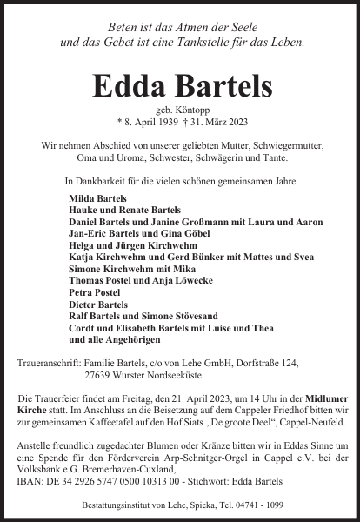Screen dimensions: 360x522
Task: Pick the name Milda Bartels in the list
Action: point(97,198)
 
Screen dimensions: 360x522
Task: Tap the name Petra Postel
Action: point(93,293)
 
